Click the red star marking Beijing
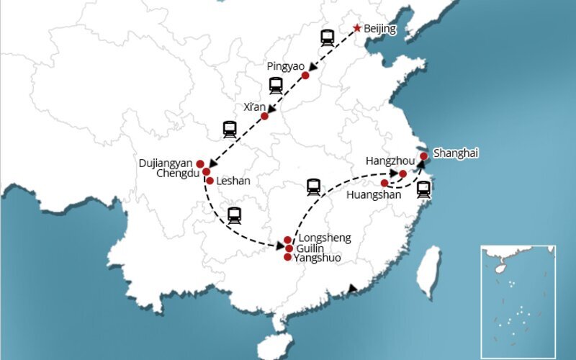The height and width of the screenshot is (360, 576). pyautogui.click(x=356, y=29)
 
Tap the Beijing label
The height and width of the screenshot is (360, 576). pyautogui.click(x=382, y=30)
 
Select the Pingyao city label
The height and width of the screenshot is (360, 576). pyautogui.click(x=286, y=66)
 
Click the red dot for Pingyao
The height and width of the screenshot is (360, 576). pyautogui.click(x=305, y=75)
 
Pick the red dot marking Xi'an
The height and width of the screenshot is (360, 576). pyautogui.click(x=265, y=115)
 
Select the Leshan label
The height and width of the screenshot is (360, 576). pyautogui.click(x=233, y=181)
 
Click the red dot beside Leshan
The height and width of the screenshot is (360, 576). pyautogui.click(x=210, y=181)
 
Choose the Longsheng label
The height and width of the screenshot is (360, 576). pyautogui.click(x=324, y=238)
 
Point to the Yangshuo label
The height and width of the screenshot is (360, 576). pyautogui.click(x=318, y=258)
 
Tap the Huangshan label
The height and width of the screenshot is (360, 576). pyautogui.click(x=373, y=194)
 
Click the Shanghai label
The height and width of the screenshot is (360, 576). pyautogui.click(x=456, y=153)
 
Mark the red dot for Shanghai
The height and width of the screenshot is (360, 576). pyautogui.click(x=424, y=156)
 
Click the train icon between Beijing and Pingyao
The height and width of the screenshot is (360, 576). pyautogui.click(x=328, y=37)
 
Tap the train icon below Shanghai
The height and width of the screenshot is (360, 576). pyautogui.click(x=423, y=189)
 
